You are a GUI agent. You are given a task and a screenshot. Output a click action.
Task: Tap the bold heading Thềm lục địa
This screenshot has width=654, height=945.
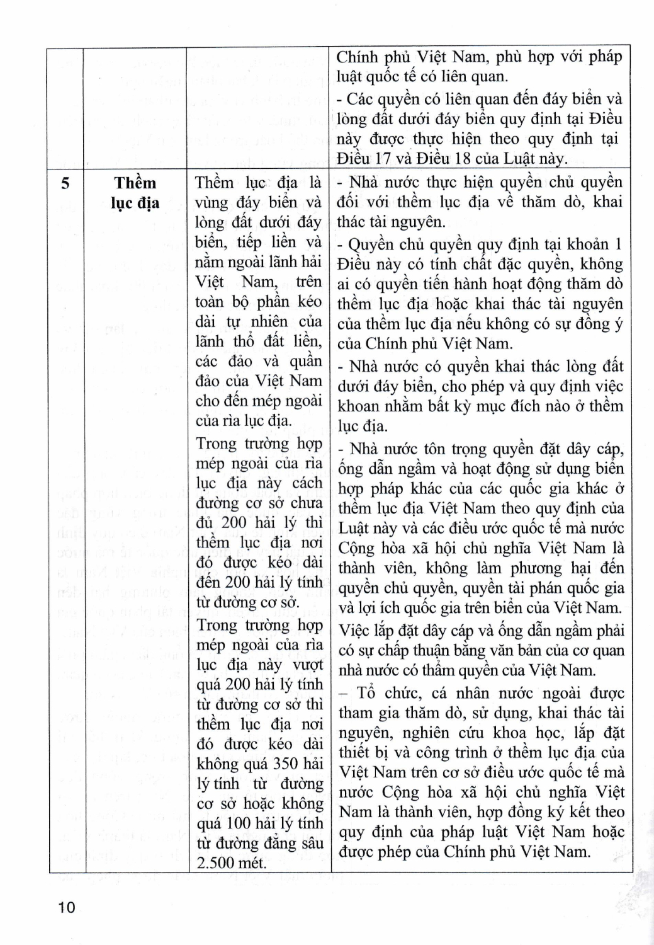pyautogui.click(x=135, y=193)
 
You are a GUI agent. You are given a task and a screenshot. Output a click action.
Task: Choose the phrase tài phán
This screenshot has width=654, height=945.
pyautogui.click(x=533, y=588)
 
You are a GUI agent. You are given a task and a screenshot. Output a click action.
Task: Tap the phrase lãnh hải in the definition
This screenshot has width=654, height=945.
pyautogui.click(x=295, y=261)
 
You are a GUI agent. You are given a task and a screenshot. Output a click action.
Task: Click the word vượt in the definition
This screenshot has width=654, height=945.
pyautogui.click(x=307, y=665)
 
